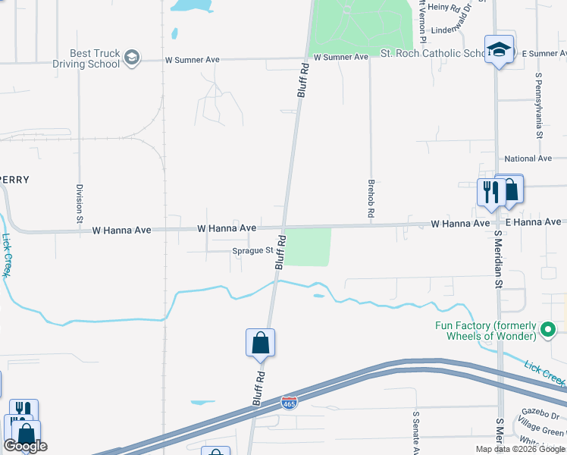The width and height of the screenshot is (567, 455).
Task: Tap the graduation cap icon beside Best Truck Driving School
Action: click(132, 58)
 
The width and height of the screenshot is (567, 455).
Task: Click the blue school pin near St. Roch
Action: click(500, 50)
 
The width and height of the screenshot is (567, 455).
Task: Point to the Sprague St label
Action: click(253, 249)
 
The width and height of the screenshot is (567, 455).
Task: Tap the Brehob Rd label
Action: click(371, 199)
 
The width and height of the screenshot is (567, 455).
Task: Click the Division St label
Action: click(79, 202)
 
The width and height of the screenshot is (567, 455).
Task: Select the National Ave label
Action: click(528, 158)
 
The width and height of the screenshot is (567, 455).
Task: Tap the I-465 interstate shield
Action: click(289, 402)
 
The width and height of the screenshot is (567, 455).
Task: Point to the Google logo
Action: click(25, 446)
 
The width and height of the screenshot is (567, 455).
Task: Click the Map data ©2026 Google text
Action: click(521, 449)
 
